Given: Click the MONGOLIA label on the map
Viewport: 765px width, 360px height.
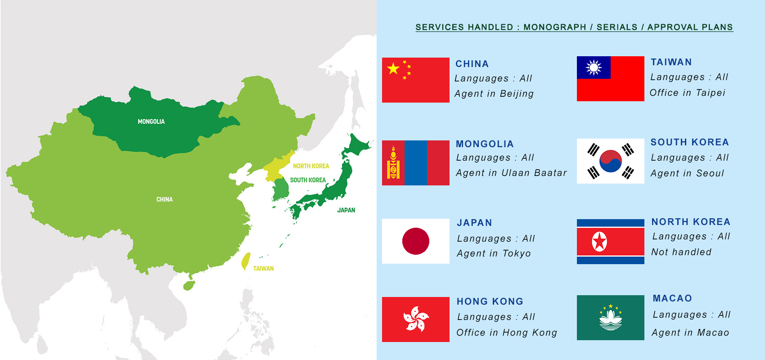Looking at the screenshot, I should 151,121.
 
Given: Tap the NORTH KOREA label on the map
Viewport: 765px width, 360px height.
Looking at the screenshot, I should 311,166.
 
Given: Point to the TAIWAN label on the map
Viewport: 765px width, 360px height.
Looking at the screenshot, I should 263,269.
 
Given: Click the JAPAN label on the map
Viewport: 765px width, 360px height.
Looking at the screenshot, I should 346,210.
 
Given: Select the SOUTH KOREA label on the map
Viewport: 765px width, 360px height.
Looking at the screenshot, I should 308,180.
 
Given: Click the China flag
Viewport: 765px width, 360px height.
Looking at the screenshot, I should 415,80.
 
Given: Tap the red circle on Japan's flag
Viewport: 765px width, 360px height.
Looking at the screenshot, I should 415,241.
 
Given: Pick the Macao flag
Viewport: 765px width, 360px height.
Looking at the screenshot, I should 610,318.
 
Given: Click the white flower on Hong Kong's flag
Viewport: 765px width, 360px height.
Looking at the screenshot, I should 416,319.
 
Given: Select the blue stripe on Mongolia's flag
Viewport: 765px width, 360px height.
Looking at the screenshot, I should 416,163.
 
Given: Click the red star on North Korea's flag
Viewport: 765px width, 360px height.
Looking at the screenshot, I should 599,242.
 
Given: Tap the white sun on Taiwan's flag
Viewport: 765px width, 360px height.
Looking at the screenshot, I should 594,67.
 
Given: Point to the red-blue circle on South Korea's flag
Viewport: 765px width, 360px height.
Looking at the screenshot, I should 611,161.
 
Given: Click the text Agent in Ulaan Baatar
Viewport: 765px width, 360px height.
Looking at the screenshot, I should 511,173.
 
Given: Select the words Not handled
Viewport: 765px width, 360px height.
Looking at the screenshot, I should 681,252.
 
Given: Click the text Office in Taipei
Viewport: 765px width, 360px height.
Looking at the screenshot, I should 687,93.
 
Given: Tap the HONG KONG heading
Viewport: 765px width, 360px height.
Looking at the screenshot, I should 490,301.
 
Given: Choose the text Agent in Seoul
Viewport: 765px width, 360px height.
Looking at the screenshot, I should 687,173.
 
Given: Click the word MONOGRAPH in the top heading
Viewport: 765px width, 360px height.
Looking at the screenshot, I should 554,27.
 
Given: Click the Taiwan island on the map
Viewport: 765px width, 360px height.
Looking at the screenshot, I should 246,261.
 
